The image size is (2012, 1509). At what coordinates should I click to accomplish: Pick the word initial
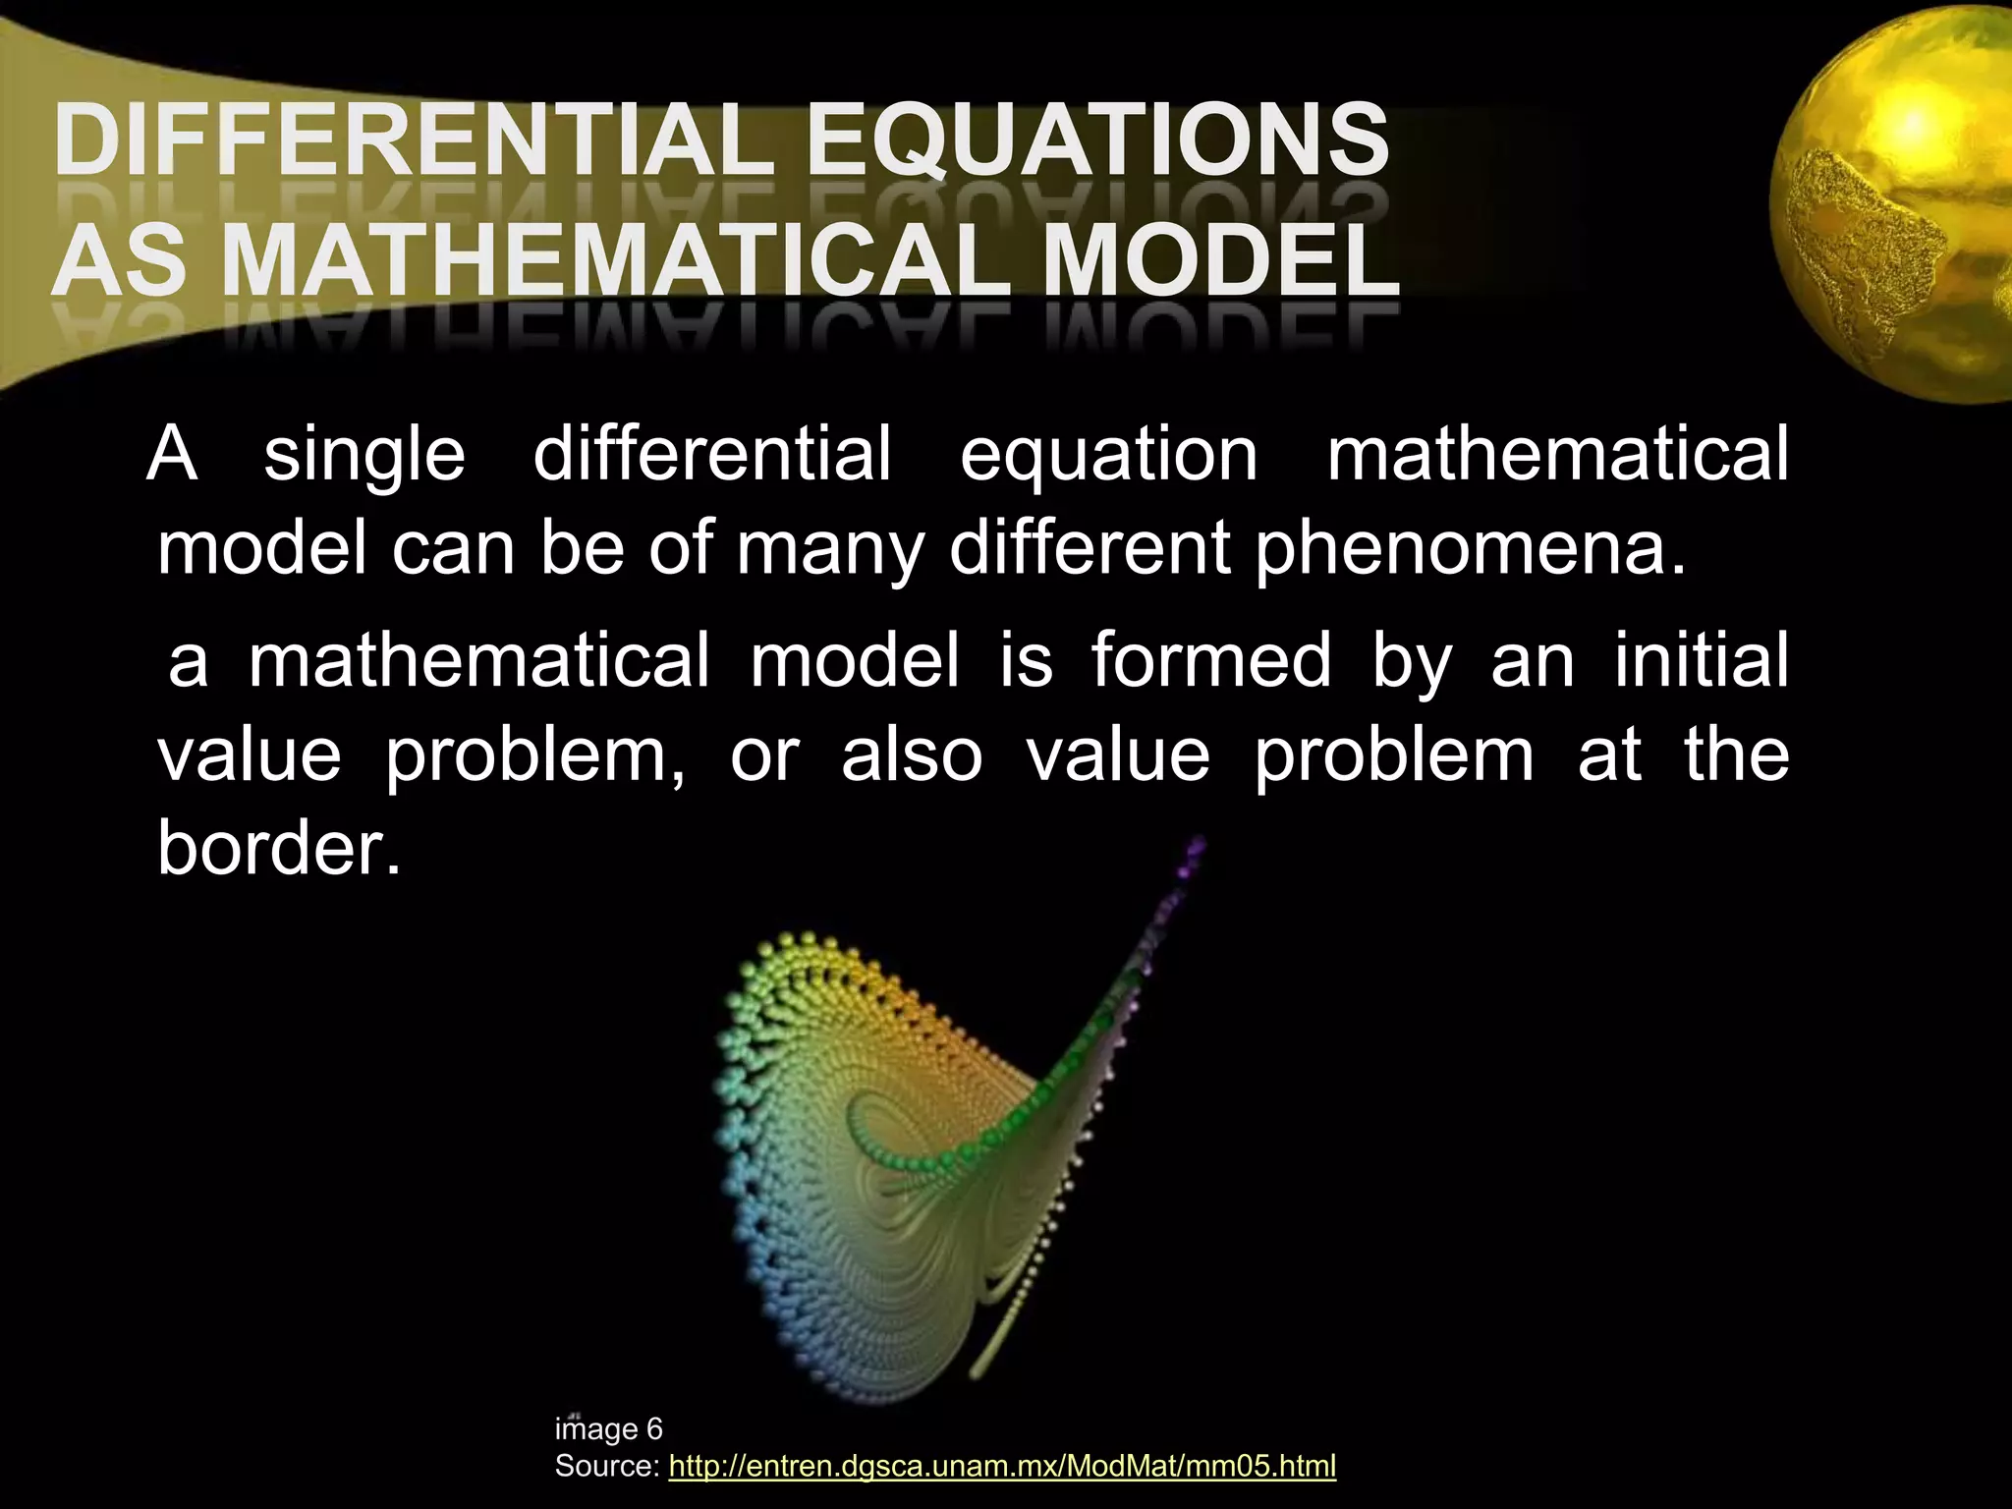(1701, 661)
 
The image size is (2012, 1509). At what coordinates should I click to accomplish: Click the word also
(912, 755)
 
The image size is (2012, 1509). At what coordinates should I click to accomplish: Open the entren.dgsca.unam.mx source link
(1001, 1467)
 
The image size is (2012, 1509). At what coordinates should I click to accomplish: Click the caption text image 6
(609, 1428)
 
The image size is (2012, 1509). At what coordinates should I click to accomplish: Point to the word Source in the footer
(606, 1467)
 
